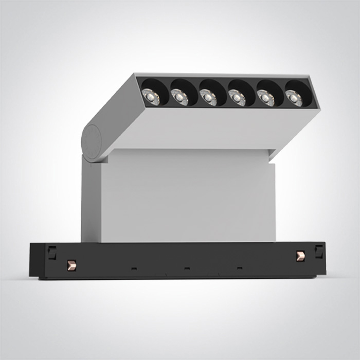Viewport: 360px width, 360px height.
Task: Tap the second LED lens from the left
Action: (x=180, y=95)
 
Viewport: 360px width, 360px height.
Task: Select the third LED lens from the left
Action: (x=208, y=96)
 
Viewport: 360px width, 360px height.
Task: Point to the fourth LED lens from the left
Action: (x=237, y=96)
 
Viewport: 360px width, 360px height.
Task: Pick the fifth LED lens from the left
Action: (x=265, y=97)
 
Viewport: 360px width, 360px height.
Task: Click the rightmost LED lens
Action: (x=293, y=97)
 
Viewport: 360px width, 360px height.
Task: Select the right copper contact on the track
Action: (x=301, y=256)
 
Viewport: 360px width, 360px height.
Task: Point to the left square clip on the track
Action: (x=51, y=252)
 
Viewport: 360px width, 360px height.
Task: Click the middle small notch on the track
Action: (x=187, y=268)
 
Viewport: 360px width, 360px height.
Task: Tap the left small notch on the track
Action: (x=134, y=268)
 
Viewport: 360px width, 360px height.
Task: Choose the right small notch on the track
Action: (x=239, y=268)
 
